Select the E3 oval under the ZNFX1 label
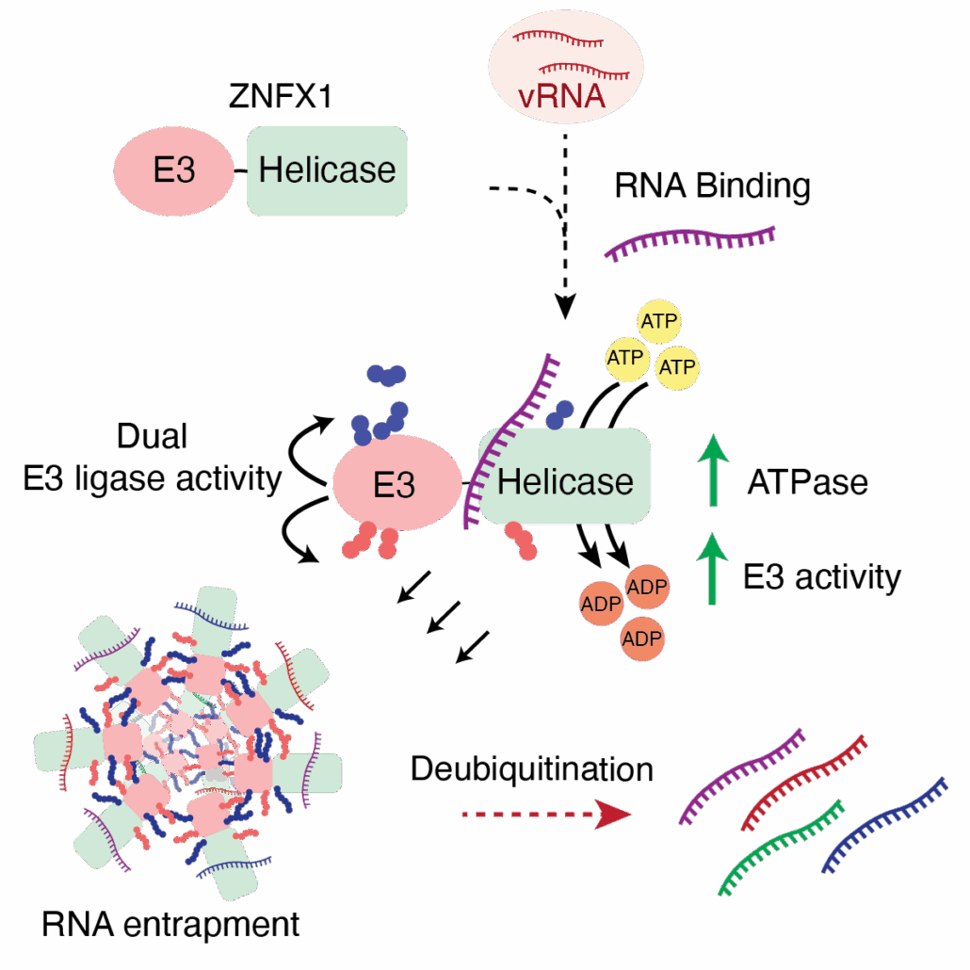(174, 171)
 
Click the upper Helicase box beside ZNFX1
(327, 170)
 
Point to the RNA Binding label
(712, 186)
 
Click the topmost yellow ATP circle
(660, 320)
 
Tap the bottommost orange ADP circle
(641, 639)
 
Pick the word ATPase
(807, 483)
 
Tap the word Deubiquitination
(531, 769)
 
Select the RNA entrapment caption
(170, 924)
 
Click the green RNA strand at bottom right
(780, 847)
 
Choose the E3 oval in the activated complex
(394, 485)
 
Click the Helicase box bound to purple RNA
(565, 480)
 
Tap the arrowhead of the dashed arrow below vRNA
(564, 307)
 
